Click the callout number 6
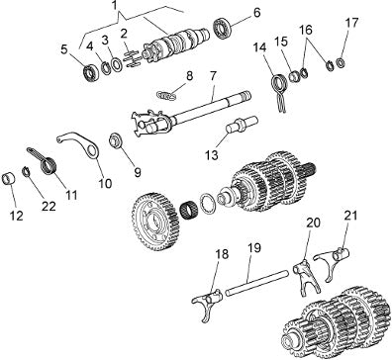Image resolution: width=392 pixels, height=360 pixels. tap(256, 13)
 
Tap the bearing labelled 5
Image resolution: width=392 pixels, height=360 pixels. tap(90, 73)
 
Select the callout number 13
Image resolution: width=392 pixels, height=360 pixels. tap(211, 154)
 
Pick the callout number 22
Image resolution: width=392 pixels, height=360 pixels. tap(49, 207)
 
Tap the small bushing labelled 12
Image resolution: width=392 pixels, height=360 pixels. tap(9, 179)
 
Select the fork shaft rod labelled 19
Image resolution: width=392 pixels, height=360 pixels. tap(256, 283)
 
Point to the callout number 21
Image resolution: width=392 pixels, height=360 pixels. tap(350, 216)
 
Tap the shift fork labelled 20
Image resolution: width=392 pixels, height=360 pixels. tap(306, 275)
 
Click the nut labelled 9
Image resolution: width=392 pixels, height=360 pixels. tap(116, 140)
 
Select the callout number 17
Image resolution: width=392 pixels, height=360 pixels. tap(351, 23)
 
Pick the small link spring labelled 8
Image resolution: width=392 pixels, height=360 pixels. tap(166, 96)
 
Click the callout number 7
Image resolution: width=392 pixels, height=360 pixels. tap(213, 76)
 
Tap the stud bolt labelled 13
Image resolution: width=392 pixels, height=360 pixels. tap(242, 125)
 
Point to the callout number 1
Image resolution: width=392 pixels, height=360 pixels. tap(114, 7)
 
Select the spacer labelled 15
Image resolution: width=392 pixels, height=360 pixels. tap(294, 75)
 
